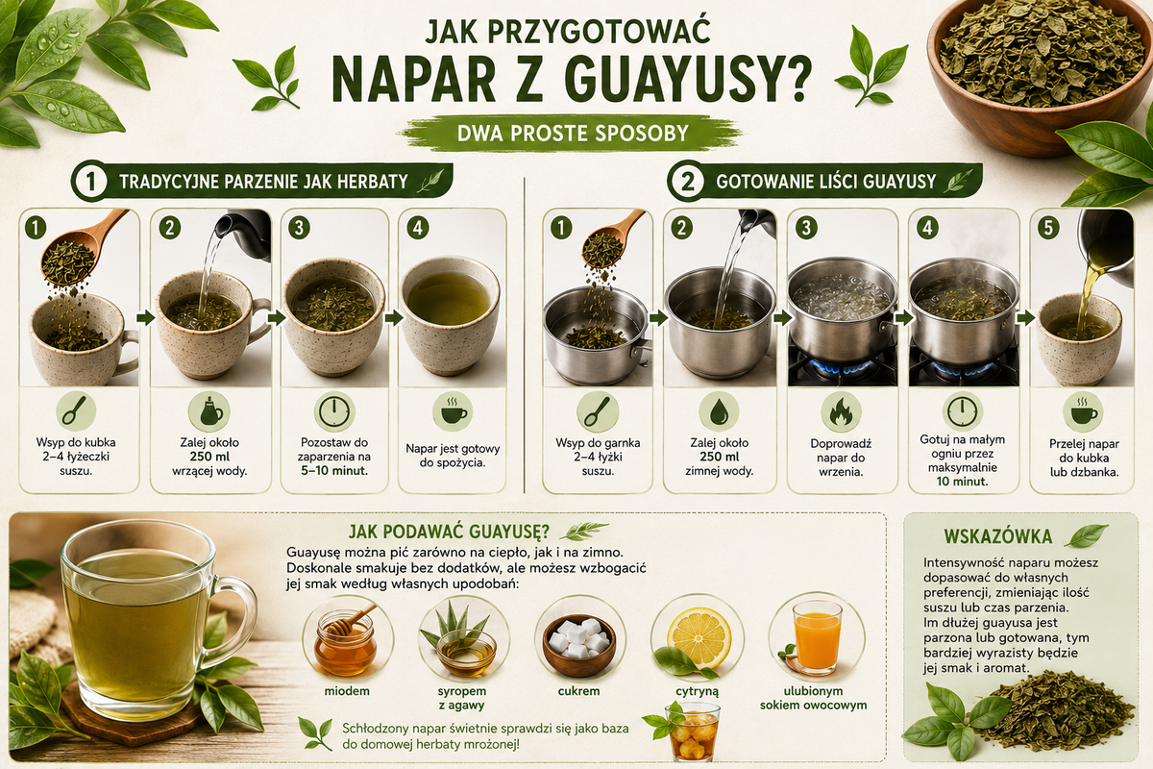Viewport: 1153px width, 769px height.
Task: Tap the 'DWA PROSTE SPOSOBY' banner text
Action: [573, 134]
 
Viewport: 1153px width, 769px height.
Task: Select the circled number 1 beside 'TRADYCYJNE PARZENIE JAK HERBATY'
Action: [90, 183]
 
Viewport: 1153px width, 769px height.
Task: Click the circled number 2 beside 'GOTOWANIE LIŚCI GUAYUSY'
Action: [687, 183]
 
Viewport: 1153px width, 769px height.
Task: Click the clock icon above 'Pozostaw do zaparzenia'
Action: [334, 412]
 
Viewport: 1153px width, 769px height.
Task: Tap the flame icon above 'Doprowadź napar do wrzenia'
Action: [841, 412]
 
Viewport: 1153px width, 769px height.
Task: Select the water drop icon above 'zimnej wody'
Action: [719, 412]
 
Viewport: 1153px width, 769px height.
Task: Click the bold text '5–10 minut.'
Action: [334, 471]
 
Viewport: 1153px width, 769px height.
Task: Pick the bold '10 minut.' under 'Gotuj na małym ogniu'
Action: [962, 482]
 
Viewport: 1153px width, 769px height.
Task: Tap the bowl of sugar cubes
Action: [579, 644]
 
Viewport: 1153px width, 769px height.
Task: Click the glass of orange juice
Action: [817, 638]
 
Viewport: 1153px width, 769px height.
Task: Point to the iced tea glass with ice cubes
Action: [692, 732]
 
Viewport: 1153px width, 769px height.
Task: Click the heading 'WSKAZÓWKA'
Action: [998, 536]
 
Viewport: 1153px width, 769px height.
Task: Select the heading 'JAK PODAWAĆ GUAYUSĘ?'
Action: [449, 531]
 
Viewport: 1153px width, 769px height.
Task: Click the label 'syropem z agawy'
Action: [462, 698]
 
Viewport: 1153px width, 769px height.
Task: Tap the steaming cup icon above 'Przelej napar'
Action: [1083, 412]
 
